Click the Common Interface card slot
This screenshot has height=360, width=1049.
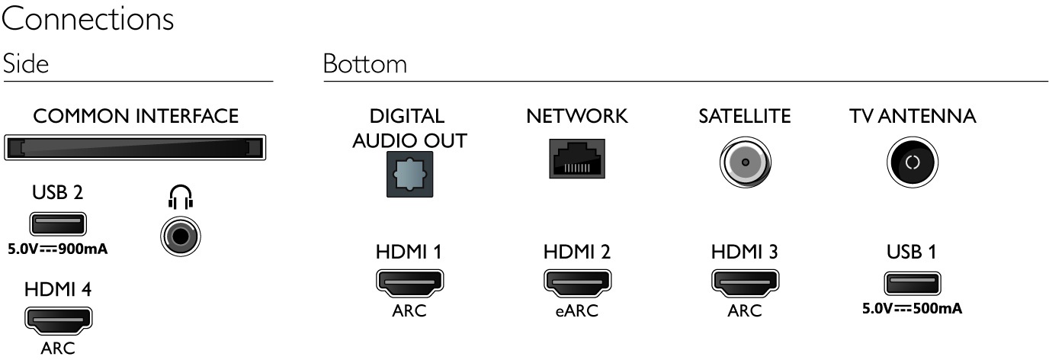point(135,147)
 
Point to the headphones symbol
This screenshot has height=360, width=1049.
point(180,200)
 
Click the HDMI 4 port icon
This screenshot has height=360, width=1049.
point(59,320)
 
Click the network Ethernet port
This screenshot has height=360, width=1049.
point(576,159)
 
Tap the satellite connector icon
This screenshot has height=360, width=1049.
point(745,162)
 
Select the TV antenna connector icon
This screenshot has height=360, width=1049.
point(913,162)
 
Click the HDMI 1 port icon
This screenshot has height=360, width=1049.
point(409,283)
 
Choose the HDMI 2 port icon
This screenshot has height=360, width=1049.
point(576,283)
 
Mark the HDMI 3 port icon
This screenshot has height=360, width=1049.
point(745,283)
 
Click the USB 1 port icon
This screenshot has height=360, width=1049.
point(912,283)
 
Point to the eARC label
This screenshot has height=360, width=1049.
point(576,311)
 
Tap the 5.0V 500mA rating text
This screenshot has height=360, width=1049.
point(912,310)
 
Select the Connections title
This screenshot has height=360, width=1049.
point(88,20)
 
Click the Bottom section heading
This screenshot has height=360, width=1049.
point(364,65)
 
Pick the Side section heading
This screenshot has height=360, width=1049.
point(25,64)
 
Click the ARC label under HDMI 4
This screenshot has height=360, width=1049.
point(58,349)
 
